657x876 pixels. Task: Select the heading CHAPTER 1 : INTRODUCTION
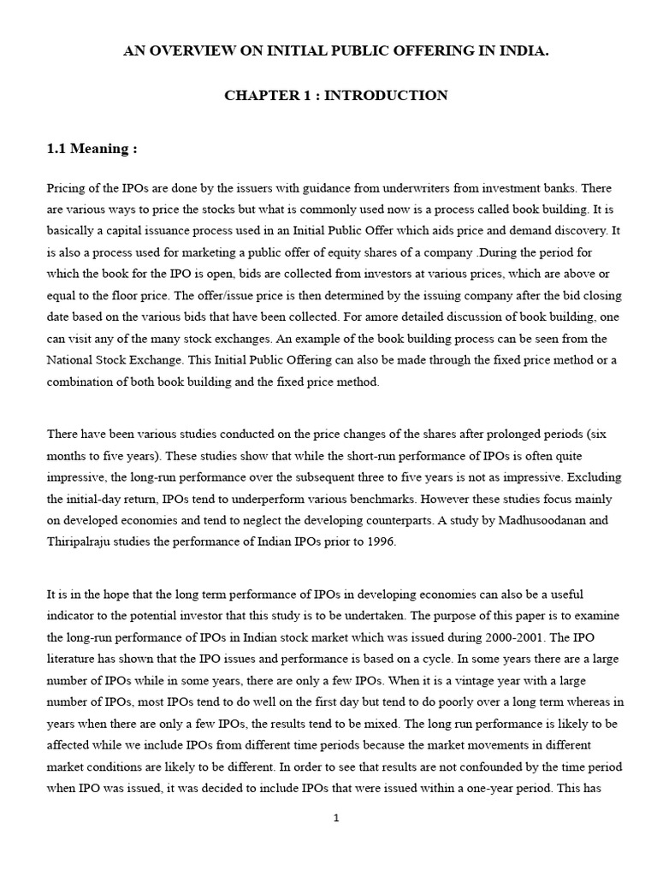(335, 96)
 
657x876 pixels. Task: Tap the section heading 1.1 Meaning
(92, 149)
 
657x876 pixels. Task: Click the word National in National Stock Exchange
(71, 363)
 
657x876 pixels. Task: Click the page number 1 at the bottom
(336, 818)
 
